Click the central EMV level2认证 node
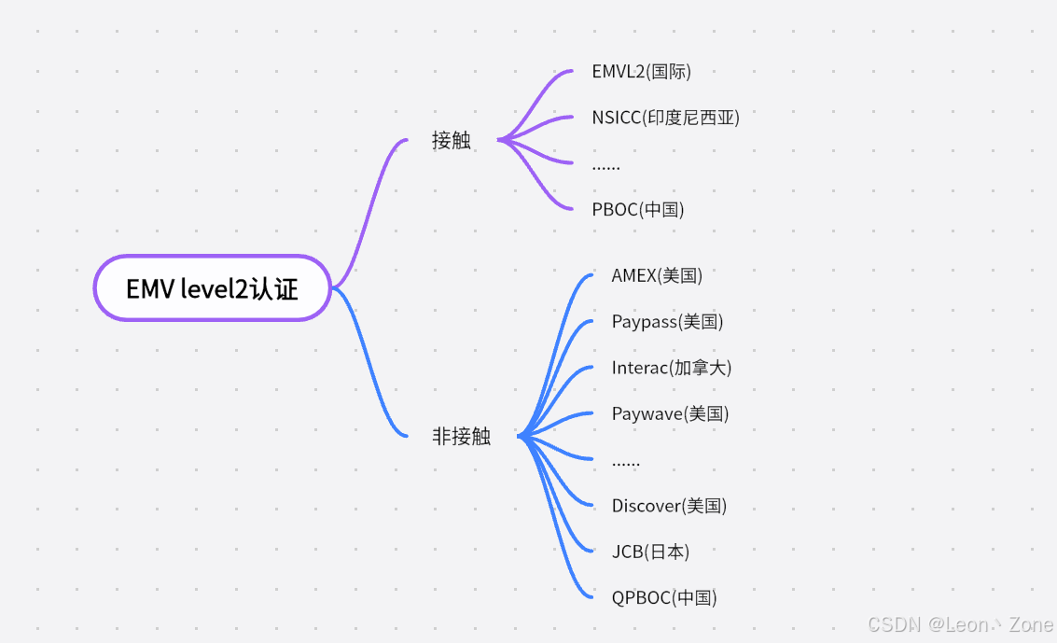click(x=213, y=288)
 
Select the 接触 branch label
click(x=452, y=140)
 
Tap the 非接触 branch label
click(x=461, y=436)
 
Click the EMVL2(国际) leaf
click(x=641, y=71)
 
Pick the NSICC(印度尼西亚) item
click(x=665, y=117)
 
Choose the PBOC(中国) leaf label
click(x=638, y=209)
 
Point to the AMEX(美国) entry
click(x=657, y=275)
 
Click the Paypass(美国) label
click(x=667, y=321)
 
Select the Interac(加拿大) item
click(x=672, y=367)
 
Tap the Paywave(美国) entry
click(x=670, y=413)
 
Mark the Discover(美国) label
click(x=669, y=506)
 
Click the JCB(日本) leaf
click(x=650, y=552)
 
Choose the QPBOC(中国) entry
click(x=664, y=597)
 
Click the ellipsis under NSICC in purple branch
click(x=605, y=166)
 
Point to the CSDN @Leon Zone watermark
click(x=960, y=624)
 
